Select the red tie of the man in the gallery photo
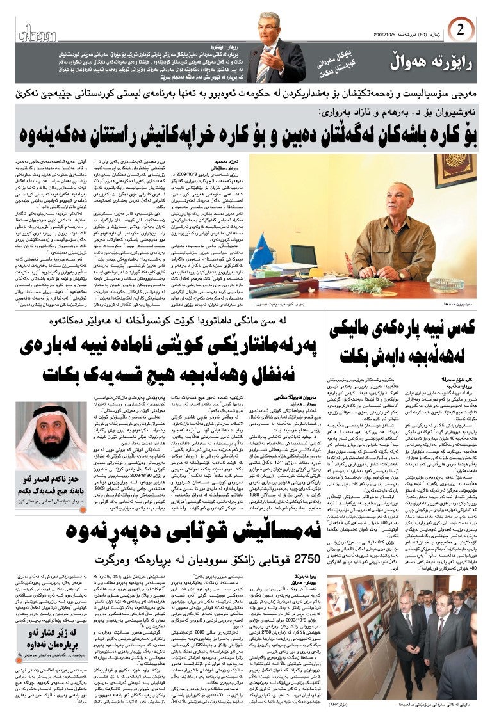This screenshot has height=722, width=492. tap(441, 630)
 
